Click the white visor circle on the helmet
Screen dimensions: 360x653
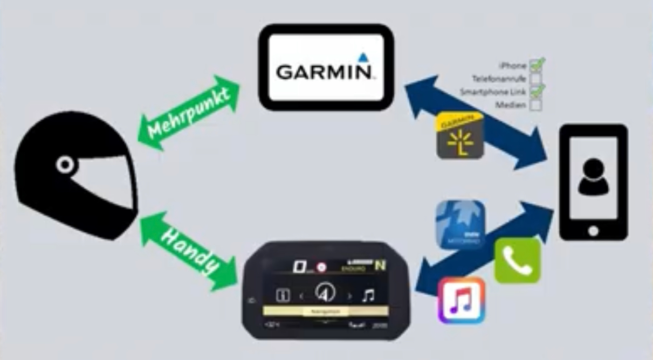click(65, 164)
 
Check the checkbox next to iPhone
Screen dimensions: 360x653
click(536, 66)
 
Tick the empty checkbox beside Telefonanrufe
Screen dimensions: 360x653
click(535, 79)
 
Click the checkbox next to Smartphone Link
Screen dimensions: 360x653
click(536, 92)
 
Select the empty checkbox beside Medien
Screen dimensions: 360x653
click(535, 105)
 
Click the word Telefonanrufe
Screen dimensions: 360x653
click(498, 79)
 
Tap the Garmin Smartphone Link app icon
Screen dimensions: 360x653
click(459, 135)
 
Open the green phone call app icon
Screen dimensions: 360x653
click(517, 260)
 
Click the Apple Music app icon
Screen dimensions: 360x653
click(461, 300)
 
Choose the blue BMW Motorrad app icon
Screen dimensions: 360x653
click(460, 225)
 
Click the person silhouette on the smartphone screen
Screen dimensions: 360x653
click(593, 177)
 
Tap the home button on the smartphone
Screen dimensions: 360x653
click(593, 231)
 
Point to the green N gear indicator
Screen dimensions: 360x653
click(380, 265)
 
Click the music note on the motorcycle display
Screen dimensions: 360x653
click(368, 295)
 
